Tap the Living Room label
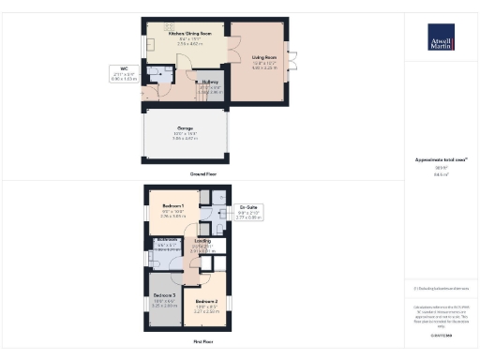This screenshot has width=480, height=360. (262, 58)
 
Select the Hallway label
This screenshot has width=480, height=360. (208, 82)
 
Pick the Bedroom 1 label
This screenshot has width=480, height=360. (172, 205)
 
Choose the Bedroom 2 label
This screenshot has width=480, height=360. (206, 302)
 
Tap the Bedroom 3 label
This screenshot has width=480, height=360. (163, 294)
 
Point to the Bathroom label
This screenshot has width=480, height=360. (168, 240)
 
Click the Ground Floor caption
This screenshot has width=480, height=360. (198, 174)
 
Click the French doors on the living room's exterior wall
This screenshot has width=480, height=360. (289, 66)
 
